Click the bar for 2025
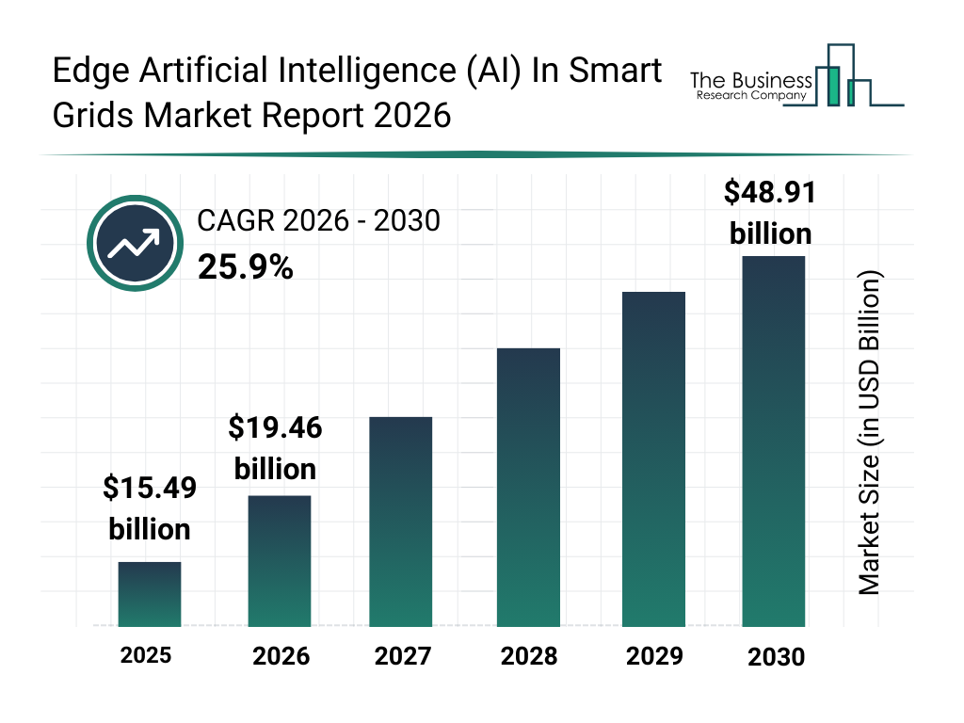(150, 594)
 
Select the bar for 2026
(280, 561)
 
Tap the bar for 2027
(401, 522)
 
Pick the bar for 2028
(528, 488)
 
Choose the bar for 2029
(653, 459)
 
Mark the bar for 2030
(774, 441)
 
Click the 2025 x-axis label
(146, 655)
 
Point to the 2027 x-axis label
(403, 656)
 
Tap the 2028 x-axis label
(528, 656)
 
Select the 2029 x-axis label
(653, 656)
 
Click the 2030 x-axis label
(777, 657)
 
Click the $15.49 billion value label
(150, 508)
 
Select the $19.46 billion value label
(275, 448)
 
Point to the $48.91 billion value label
(770, 212)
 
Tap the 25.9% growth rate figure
(246, 268)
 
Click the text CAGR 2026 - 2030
(318, 222)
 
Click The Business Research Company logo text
(750, 86)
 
